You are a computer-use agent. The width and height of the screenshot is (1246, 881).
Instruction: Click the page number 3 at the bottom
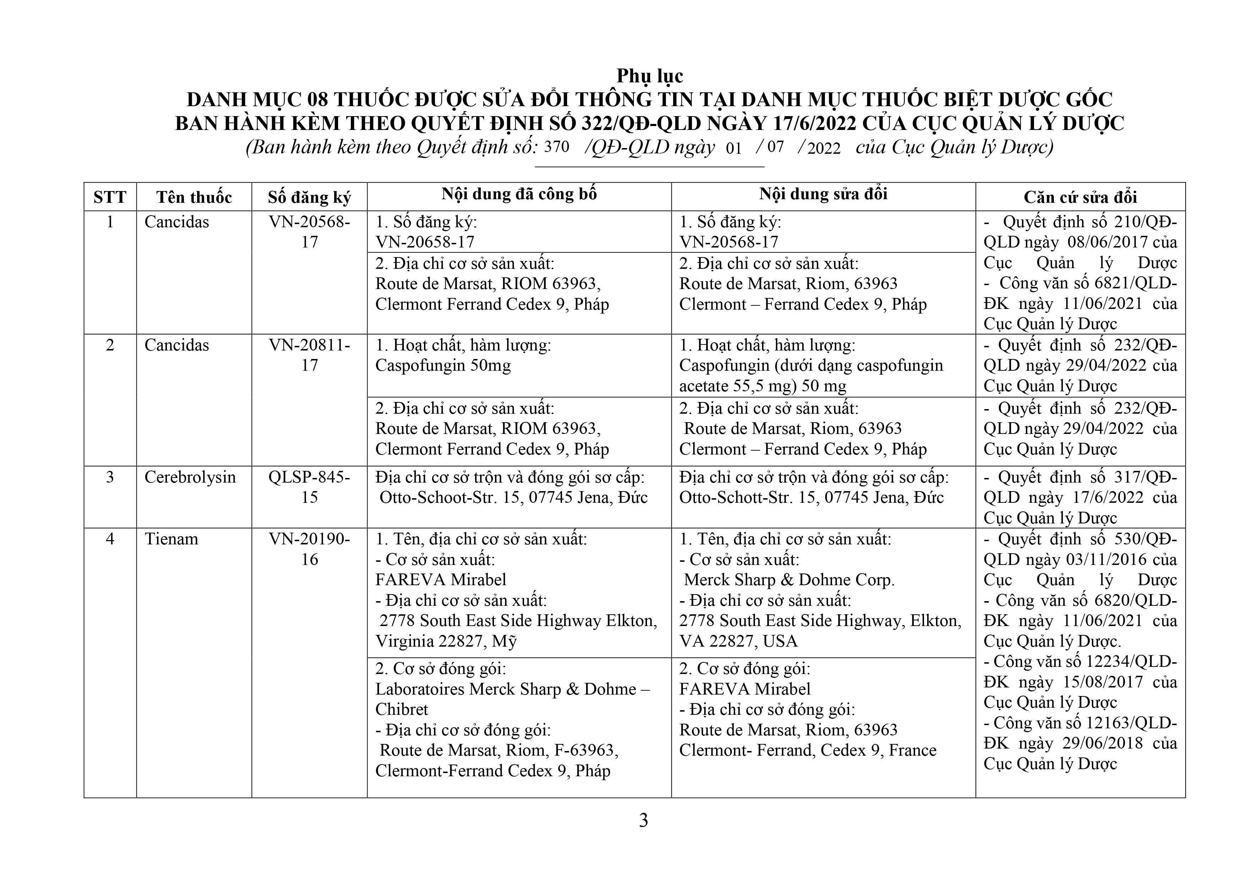point(644,820)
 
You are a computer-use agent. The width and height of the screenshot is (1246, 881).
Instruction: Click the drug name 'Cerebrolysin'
point(190,477)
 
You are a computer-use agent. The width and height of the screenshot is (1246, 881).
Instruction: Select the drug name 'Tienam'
point(172,539)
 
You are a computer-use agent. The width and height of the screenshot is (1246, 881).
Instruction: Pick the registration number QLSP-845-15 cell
point(309,487)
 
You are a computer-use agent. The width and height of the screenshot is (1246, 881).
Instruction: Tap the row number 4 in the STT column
point(110,539)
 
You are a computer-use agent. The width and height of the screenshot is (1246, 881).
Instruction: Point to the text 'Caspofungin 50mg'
point(443,365)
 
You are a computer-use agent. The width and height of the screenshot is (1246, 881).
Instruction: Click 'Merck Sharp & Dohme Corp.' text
point(789,580)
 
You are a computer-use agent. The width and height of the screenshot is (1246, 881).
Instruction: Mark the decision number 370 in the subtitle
point(556,147)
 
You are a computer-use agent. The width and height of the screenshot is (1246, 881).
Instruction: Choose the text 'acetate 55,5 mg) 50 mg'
point(762,386)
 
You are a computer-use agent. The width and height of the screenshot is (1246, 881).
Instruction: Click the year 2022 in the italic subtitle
point(824,148)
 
